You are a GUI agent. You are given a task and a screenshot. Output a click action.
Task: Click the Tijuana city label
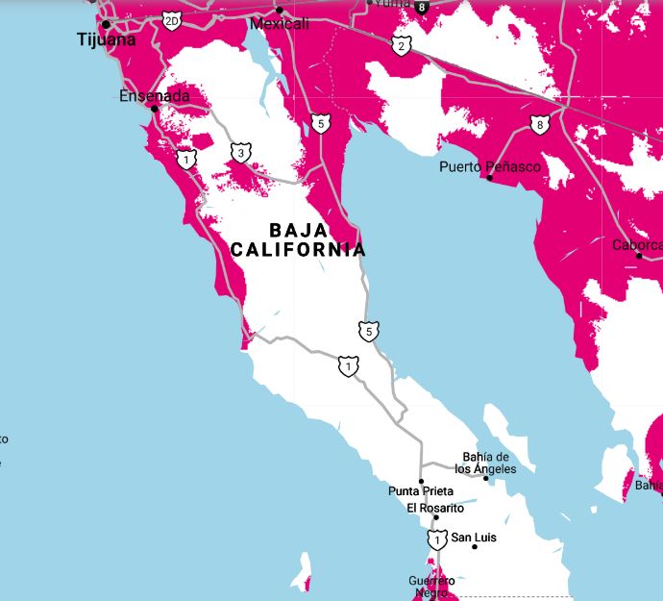[x=105, y=40]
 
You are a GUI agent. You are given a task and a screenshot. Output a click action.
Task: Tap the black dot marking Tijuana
[x=106, y=24]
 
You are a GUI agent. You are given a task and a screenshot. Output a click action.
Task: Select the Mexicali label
[x=279, y=23]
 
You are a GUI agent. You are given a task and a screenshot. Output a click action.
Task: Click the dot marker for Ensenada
[x=154, y=109]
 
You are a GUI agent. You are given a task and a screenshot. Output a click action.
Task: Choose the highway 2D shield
[x=171, y=20]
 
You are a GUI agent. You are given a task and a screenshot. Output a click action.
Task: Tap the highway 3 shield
[x=241, y=152]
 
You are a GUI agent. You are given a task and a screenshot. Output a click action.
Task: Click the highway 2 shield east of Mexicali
[x=400, y=44]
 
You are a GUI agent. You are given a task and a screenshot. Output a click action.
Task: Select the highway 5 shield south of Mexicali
[x=321, y=123]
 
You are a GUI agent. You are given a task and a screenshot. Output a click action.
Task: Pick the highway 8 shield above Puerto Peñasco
[x=540, y=124]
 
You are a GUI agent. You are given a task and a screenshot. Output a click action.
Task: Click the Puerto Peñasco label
[x=490, y=166]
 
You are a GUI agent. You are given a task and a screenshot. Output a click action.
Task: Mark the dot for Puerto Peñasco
[x=490, y=178]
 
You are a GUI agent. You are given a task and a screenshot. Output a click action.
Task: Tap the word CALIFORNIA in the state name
[x=298, y=250]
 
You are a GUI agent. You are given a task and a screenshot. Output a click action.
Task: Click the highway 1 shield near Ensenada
[x=187, y=158]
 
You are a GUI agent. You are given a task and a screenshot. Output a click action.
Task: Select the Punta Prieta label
[x=420, y=491]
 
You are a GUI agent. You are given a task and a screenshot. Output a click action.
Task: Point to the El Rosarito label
[x=434, y=508]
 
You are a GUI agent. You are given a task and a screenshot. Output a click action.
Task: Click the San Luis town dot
[x=475, y=547]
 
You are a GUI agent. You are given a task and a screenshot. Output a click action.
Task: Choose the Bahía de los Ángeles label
[x=485, y=463]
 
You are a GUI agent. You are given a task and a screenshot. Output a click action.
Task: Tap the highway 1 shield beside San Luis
[x=438, y=540]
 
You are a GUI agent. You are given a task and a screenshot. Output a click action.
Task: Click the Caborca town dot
[x=639, y=256]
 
